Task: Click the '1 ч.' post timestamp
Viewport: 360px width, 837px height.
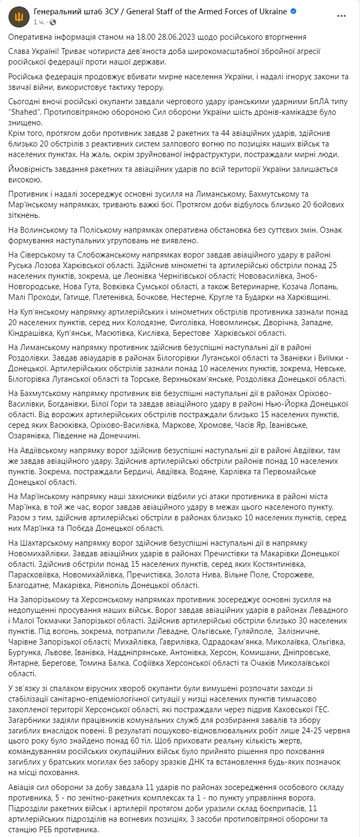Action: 39,22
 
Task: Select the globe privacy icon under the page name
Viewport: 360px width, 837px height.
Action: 53,22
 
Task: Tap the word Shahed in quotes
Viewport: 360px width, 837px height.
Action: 26,112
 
